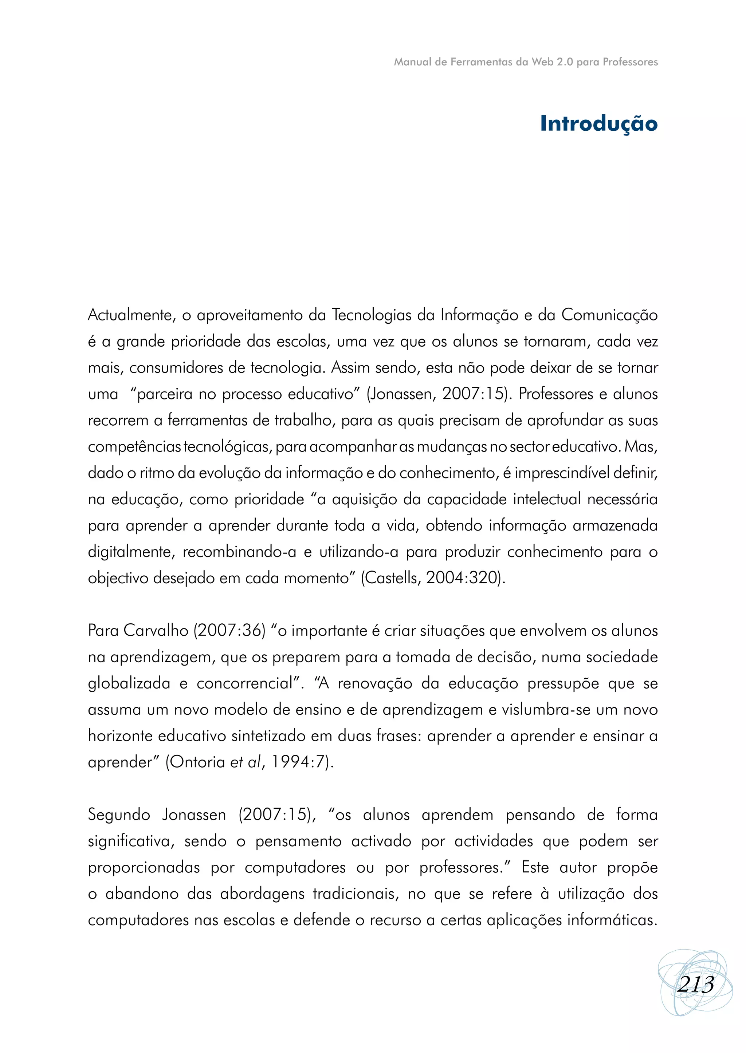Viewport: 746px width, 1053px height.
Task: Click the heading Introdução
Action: pyautogui.click(x=598, y=123)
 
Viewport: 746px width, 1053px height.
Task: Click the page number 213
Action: pyautogui.click(x=695, y=984)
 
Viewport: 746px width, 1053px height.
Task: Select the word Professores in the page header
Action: pyautogui.click(x=630, y=62)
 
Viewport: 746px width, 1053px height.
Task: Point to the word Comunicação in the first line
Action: pyautogui.click(x=609, y=315)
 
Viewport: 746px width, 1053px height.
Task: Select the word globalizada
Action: pyautogui.click(x=129, y=684)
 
